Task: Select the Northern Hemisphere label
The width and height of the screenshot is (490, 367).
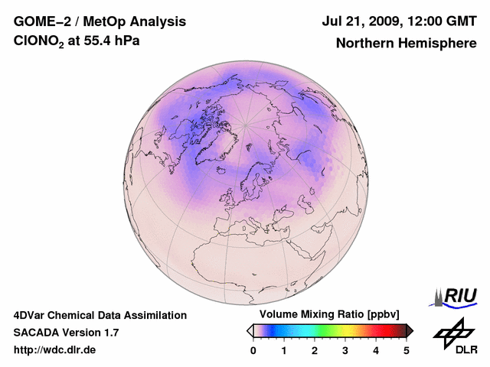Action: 406,43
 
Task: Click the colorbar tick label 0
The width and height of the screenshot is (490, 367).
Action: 253,350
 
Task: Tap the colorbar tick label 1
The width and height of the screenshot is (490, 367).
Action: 284,350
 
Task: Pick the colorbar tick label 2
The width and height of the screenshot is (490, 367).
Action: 315,350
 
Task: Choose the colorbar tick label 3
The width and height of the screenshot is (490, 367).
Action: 345,350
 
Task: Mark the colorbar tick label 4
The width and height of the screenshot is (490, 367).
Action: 376,350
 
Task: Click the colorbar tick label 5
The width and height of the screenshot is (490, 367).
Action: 407,350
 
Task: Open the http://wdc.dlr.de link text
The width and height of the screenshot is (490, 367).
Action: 55,350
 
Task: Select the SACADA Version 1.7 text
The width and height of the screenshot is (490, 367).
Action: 66,333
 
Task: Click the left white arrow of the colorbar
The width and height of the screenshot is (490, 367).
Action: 250,330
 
